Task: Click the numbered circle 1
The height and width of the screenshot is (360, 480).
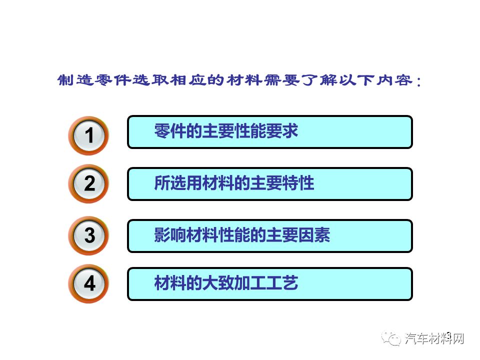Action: (x=88, y=135)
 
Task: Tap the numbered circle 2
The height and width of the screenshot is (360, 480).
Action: (x=88, y=183)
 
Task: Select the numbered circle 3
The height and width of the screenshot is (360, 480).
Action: (x=88, y=235)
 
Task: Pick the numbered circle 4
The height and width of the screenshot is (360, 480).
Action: (x=88, y=284)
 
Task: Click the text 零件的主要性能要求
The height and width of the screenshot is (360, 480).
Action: (x=226, y=131)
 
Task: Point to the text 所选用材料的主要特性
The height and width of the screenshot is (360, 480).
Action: (x=234, y=183)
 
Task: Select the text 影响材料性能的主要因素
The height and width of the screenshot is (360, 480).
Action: (x=242, y=235)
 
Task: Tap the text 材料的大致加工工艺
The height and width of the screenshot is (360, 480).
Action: (x=226, y=283)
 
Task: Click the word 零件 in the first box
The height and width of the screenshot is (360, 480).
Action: (x=170, y=131)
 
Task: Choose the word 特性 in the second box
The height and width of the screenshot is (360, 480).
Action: (x=298, y=183)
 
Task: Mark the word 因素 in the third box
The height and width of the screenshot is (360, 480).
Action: (x=314, y=235)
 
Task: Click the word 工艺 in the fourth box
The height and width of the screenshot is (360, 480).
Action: (x=282, y=283)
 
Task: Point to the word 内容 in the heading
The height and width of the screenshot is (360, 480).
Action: (x=394, y=80)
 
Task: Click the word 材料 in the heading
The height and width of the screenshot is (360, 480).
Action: (x=244, y=80)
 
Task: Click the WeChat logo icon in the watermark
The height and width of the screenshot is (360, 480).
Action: (x=391, y=338)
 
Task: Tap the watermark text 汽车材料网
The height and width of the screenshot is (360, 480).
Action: (x=434, y=338)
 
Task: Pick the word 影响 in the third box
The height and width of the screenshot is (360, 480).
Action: (x=170, y=235)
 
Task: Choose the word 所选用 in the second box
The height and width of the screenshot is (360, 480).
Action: (x=178, y=183)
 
